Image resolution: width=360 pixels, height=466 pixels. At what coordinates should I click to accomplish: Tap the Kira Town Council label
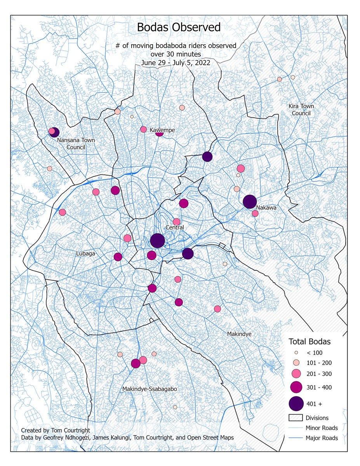(x=301, y=110)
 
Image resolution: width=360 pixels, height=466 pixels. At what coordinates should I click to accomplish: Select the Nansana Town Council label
(x=75, y=143)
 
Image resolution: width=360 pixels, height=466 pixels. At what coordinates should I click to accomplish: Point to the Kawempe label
(x=161, y=130)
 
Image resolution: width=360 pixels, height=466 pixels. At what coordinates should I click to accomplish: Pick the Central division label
(x=174, y=227)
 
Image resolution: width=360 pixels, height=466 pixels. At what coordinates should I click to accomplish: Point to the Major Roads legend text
(x=322, y=438)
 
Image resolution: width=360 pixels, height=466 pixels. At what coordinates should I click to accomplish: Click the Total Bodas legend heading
(x=309, y=342)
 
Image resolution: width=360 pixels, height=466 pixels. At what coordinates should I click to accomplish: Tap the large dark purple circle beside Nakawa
(x=250, y=202)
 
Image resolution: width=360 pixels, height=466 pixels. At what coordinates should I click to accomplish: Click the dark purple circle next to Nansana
(x=55, y=132)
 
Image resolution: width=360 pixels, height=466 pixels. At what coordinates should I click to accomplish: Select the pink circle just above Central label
(x=176, y=222)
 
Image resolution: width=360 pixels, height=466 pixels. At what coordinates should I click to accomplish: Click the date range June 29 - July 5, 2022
(x=176, y=63)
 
